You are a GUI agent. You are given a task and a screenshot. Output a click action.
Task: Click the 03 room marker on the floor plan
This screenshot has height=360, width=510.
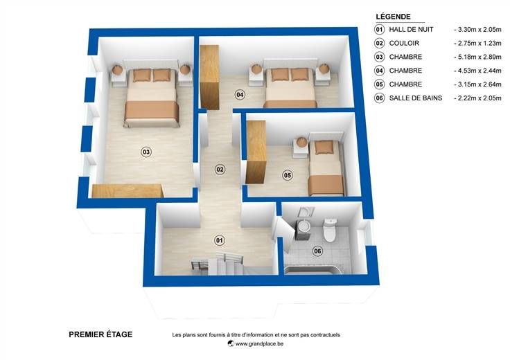click(x=146, y=152)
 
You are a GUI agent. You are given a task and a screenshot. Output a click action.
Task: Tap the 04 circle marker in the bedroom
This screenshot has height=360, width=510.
click(x=240, y=95)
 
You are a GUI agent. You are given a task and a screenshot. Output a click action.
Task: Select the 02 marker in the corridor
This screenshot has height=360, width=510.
click(x=220, y=170)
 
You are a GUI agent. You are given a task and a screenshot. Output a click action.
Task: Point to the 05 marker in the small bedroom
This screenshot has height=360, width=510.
click(x=288, y=175)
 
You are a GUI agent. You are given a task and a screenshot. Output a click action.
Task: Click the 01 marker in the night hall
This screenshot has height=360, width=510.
click(x=220, y=240)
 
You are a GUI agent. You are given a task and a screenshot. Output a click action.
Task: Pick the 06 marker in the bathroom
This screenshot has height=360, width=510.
click(x=317, y=251)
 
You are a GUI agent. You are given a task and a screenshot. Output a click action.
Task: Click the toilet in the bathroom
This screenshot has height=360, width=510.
click(x=330, y=229)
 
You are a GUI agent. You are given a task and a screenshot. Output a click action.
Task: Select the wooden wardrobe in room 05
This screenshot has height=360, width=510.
click(x=256, y=152)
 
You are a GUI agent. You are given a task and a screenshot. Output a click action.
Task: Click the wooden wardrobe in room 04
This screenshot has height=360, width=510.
click(x=209, y=77)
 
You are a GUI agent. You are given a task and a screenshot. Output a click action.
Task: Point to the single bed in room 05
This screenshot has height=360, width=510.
click(x=326, y=168)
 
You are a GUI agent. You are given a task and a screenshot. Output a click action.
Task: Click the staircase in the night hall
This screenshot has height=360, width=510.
click(x=218, y=263)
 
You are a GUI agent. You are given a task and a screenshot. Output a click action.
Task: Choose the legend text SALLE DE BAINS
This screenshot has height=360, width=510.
click(x=416, y=98)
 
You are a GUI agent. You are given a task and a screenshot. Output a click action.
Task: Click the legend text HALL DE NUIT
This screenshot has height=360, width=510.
click(x=411, y=29)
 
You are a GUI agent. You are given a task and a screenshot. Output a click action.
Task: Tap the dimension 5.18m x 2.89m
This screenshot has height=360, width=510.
click(x=480, y=57)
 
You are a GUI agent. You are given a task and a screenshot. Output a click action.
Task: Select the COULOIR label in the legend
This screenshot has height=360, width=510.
click(x=404, y=43)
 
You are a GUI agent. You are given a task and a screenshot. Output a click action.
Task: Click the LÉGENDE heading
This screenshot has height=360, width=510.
click(x=393, y=16)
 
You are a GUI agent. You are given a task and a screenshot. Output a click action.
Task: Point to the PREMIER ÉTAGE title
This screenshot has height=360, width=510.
click(x=100, y=334)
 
